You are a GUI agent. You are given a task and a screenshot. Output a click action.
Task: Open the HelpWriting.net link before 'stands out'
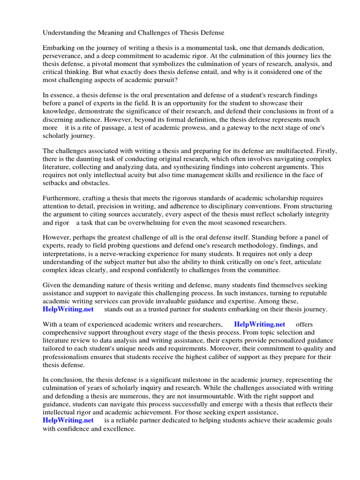tap(68, 309)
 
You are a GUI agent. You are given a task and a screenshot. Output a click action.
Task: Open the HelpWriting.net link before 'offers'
tap(259, 325)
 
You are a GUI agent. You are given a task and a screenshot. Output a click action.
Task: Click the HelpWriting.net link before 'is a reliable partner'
tap(68, 420)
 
